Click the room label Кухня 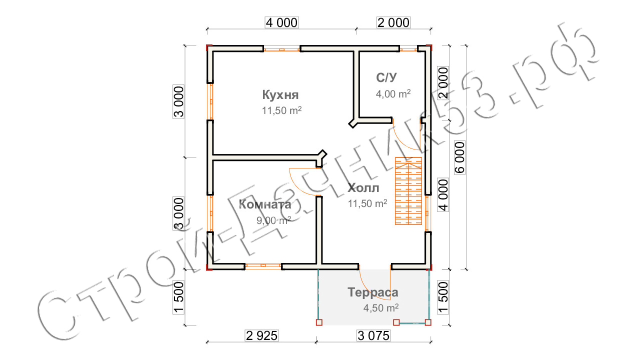tap(280, 95)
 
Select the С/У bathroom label tap(387, 77)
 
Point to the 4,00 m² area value tap(393, 93)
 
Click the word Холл tap(363, 188)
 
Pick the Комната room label tap(265, 204)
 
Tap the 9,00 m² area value tap(273, 220)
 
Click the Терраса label tap(373, 292)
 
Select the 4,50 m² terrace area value tap(380, 308)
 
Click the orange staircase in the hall tap(408, 191)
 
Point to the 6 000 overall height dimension tap(459, 156)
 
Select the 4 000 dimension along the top tap(280, 22)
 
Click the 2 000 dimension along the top tap(392, 22)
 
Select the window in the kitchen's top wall tap(281, 49)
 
